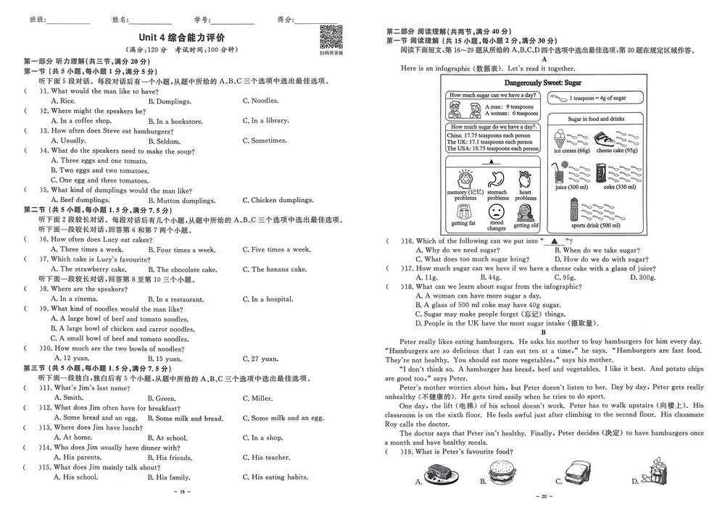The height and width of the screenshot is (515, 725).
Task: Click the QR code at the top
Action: coord(331,35)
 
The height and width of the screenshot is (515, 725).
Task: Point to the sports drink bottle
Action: coord(576,210)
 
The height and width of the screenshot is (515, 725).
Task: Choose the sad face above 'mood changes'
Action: coord(497,213)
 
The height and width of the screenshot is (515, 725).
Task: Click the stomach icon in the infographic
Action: coord(497,179)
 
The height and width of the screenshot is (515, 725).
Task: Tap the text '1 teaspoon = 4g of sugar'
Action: coord(597,98)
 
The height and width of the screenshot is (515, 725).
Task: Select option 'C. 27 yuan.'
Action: coord(260,359)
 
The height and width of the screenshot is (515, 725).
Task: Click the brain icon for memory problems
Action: coord(465,179)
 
